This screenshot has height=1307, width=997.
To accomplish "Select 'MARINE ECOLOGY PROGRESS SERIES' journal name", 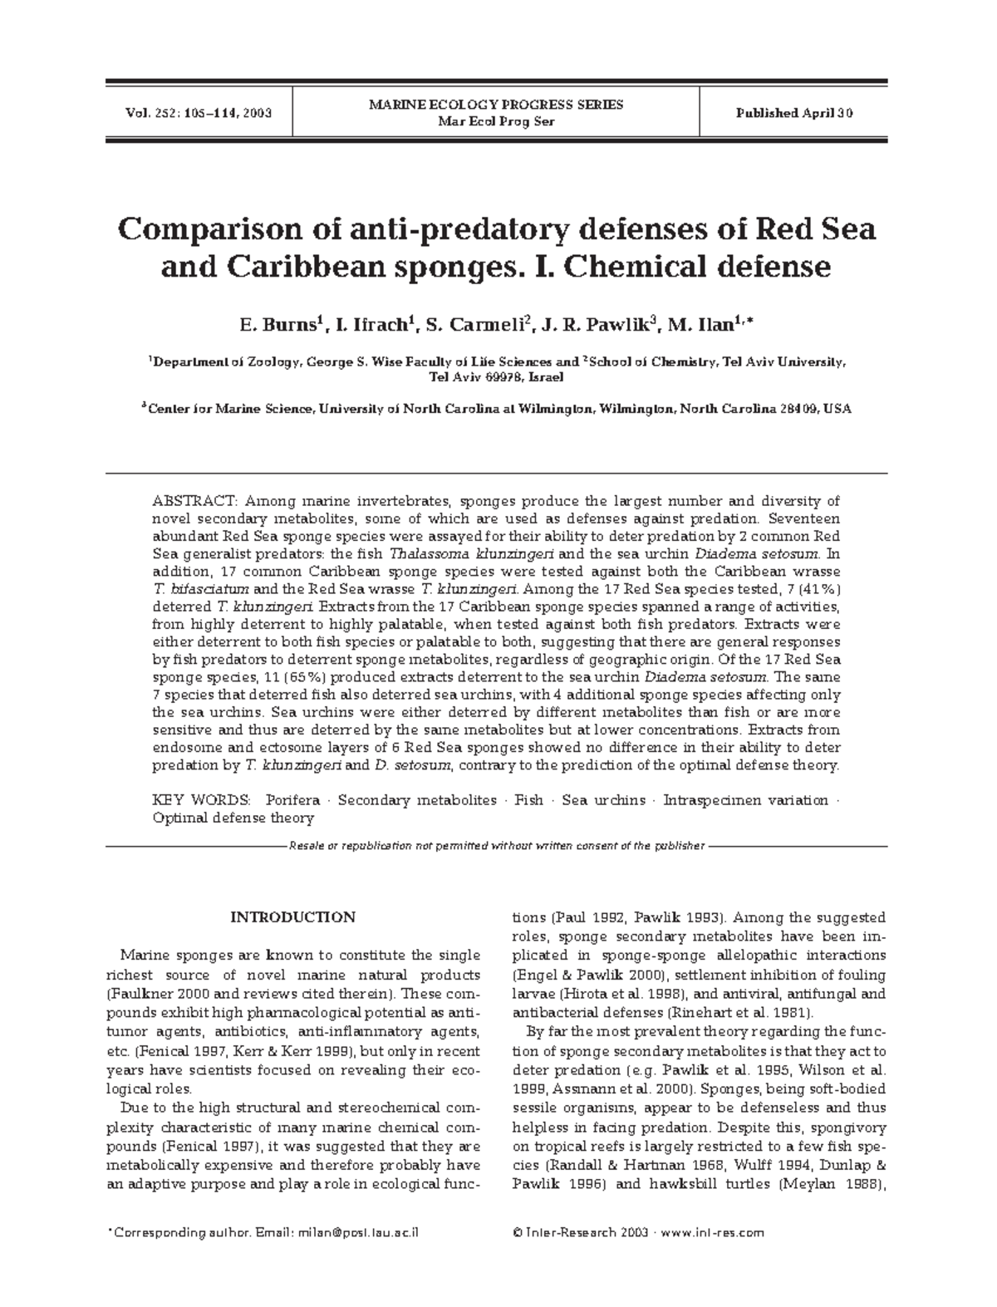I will coord(496,105).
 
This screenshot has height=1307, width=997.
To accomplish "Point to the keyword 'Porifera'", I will coord(292,800).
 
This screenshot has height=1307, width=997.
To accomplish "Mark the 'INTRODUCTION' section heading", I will coord(292,917).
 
